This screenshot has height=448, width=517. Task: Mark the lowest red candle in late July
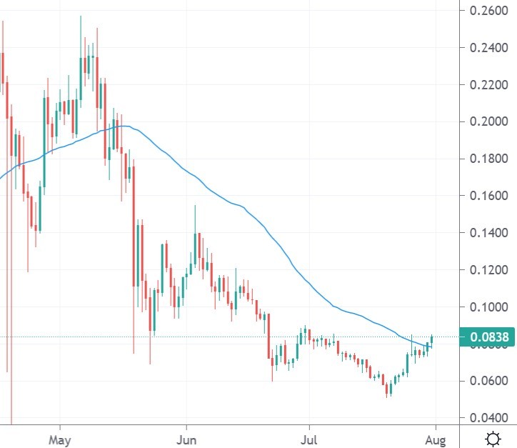pyautogui.click(x=388, y=389)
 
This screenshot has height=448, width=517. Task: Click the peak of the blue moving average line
pyautogui.click(x=124, y=126)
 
